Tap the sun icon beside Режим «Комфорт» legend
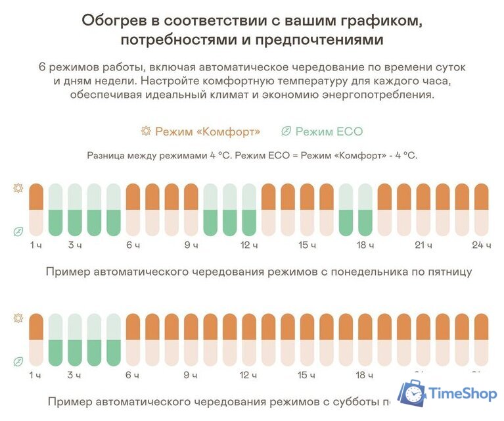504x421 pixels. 146,131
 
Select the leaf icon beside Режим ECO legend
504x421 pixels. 286,131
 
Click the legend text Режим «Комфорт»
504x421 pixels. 208,131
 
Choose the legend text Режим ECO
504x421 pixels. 329,131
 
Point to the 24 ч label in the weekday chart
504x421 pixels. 482,245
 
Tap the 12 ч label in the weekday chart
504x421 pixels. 248,245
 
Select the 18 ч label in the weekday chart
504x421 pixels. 365,245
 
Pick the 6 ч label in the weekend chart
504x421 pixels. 133,376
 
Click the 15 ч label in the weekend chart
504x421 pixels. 307,376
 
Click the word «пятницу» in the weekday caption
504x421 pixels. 449,271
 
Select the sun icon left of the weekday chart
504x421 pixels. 18,188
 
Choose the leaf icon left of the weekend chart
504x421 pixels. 18,361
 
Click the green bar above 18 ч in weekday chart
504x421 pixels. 346,222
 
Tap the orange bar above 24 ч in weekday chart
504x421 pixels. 482,196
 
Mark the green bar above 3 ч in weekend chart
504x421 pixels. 75,352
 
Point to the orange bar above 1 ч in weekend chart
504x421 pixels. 36,326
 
